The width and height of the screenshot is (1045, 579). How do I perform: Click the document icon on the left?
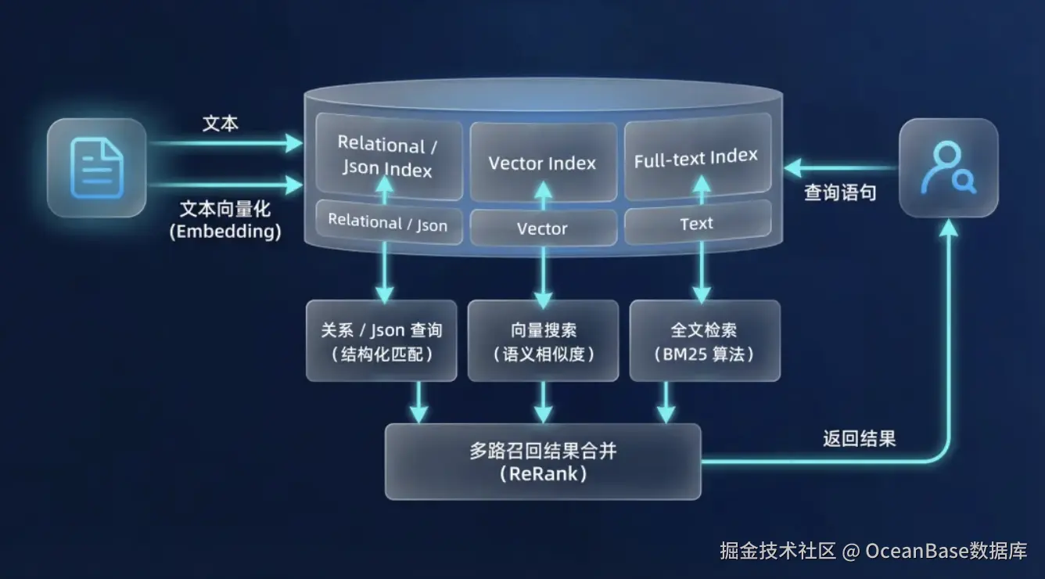pyautogui.click(x=97, y=167)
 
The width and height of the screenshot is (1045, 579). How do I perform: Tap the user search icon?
pyautogui.click(x=948, y=167)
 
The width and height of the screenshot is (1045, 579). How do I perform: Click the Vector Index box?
pyautogui.click(x=542, y=162)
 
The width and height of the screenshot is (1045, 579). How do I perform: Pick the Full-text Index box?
pyautogui.click(x=696, y=156)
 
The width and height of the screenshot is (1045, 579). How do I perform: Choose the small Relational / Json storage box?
pyautogui.click(x=387, y=223)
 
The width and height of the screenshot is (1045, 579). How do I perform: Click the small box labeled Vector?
pyautogui.click(x=542, y=228)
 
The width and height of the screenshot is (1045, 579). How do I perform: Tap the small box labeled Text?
pyautogui.click(x=696, y=224)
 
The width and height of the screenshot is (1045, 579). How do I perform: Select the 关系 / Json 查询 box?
pyautogui.click(x=381, y=341)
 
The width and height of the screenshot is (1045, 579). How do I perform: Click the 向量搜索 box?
pyautogui.click(x=543, y=341)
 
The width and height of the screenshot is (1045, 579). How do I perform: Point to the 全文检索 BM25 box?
pyautogui.click(x=704, y=341)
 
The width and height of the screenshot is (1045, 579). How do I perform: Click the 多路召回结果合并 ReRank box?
pyautogui.click(x=543, y=462)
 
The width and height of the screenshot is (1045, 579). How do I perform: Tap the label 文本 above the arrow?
pyautogui.click(x=221, y=124)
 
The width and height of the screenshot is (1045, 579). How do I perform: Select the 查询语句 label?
pyautogui.click(x=840, y=192)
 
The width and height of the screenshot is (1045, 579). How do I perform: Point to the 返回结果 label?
pyautogui.click(x=859, y=438)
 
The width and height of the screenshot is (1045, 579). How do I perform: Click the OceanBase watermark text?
pyautogui.click(x=873, y=551)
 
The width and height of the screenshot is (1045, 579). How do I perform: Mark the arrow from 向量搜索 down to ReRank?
pyautogui.click(x=543, y=404)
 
